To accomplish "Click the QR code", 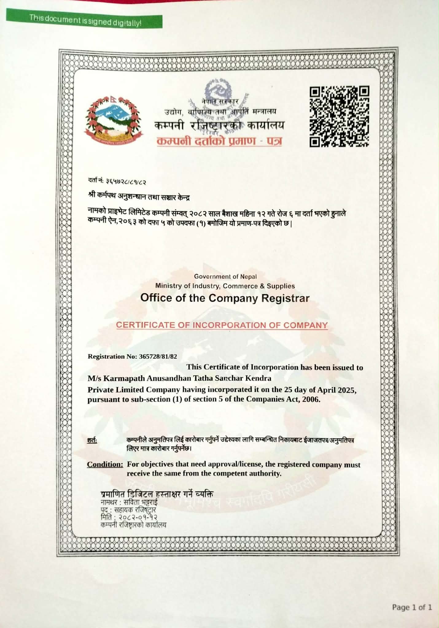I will tap(339, 116).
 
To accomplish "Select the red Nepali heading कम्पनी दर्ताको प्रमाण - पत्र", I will tap(219, 141).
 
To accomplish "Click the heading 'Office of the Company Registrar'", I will tap(225, 298).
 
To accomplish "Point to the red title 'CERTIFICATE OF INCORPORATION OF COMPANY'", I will tap(222, 325).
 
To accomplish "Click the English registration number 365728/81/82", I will tap(158, 356).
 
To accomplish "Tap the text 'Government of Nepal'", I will tap(225, 276).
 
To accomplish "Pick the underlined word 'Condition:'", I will tap(105, 464).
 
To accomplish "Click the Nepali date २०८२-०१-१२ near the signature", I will tap(136, 517).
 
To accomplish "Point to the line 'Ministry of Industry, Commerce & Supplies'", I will tap(225, 286).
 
